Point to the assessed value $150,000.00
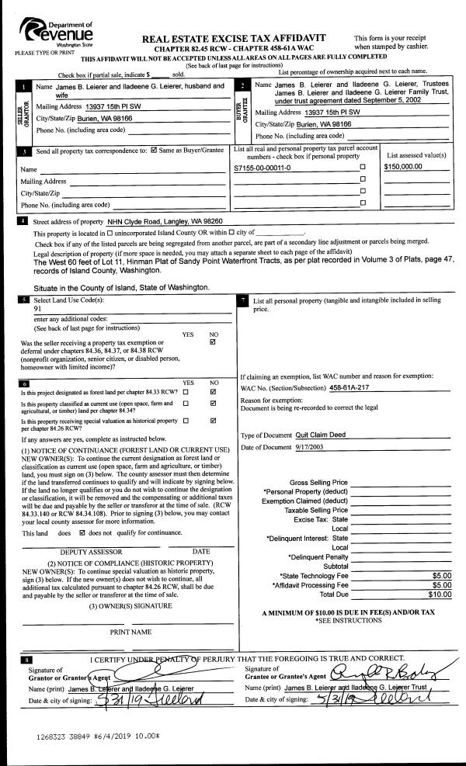402,167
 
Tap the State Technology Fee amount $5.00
441,575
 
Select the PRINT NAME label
130,632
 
